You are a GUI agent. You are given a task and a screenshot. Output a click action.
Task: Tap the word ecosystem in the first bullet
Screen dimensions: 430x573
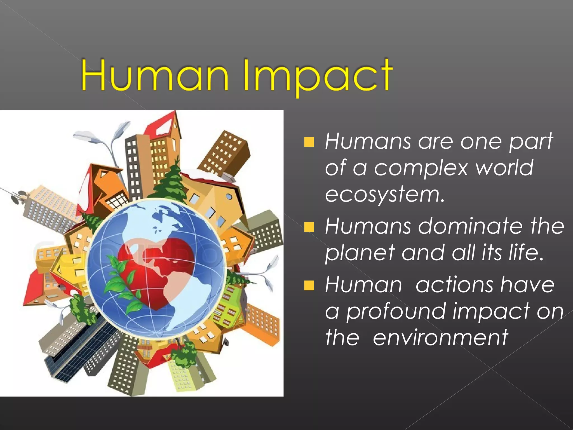click(x=384, y=194)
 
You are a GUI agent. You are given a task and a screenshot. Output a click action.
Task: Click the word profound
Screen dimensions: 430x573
click(x=396, y=312)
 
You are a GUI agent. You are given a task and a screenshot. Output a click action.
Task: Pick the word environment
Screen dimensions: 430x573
click(x=440, y=337)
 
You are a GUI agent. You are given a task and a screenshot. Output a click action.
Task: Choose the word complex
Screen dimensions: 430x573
click(x=421, y=168)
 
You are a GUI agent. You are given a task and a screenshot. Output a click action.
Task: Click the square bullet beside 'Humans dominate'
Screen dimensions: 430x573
click(x=309, y=227)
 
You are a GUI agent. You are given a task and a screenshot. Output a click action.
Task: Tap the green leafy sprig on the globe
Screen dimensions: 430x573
click(x=123, y=283)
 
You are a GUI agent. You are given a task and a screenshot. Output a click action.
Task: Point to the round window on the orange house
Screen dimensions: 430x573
click(x=229, y=197)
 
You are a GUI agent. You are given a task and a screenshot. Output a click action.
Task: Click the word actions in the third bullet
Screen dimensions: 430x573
click(x=454, y=285)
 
